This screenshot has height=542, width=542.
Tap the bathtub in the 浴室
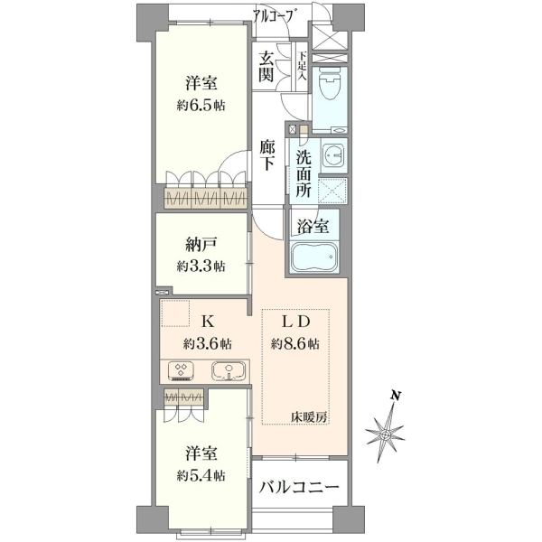point(313,257)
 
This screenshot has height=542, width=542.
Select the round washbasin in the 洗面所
point(332,154)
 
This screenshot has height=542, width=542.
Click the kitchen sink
point(229,371)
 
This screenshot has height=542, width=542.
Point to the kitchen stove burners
point(181,371)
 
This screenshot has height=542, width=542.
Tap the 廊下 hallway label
point(267,155)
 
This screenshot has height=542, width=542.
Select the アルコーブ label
point(276,16)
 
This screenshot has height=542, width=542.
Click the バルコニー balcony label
point(299,488)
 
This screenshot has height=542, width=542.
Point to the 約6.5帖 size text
point(201,106)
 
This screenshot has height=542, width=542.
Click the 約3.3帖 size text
point(201,266)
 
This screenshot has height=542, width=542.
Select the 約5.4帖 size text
point(201,476)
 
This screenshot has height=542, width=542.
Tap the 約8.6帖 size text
point(295,344)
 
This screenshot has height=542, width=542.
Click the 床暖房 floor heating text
point(308,417)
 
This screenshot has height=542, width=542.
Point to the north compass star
point(386,434)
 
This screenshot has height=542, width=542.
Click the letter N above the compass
point(395,396)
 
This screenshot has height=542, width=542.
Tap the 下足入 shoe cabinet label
point(303,66)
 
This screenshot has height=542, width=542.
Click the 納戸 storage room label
point(201,246)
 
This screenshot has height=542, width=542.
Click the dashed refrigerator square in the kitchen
point(175,313)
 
